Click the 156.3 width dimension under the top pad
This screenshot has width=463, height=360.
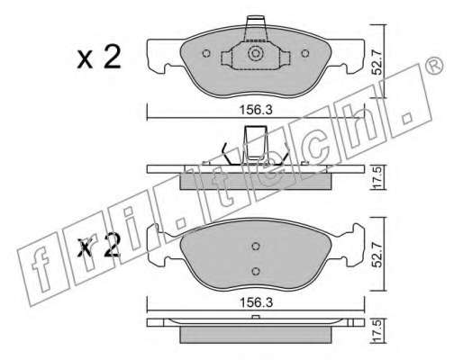[256, 110]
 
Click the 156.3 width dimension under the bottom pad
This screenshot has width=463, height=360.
[256, 302]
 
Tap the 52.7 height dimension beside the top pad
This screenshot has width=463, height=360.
[377, 62]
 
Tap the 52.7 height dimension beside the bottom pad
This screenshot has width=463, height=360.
[377, 255]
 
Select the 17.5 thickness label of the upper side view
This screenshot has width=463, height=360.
[377, 177]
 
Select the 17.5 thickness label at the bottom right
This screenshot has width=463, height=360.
[377, 331]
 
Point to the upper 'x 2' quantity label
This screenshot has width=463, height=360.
[99, 57]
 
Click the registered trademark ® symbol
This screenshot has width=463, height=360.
[435, 66]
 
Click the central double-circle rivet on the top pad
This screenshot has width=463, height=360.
[256, 54]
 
